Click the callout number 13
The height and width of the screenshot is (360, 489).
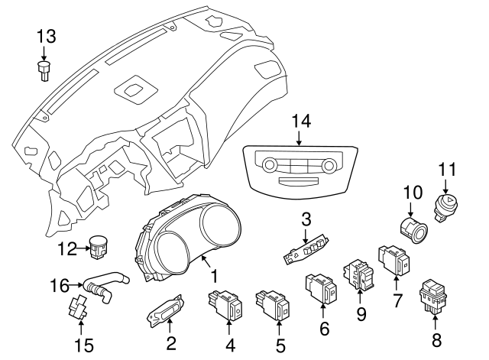[46, 35]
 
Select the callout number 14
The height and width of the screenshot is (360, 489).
[302, 121]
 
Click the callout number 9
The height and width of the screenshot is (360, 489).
[361, 313]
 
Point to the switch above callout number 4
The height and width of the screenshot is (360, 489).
[226, 305]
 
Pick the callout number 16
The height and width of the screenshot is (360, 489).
[60, 286]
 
